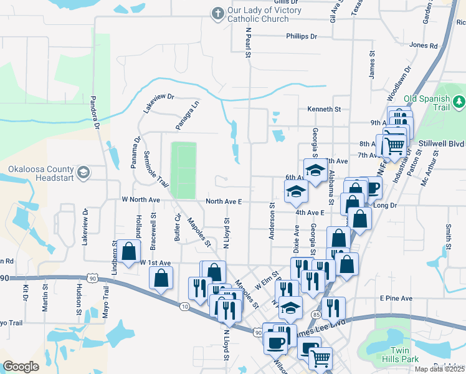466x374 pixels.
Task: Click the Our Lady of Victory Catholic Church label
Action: tap(264, 15)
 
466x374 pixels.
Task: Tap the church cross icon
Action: tap(217, 13)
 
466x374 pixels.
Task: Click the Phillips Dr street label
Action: tap(302, 36)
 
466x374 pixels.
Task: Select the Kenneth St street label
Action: tap(324, 109)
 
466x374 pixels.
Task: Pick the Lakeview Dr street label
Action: tap(158, 103)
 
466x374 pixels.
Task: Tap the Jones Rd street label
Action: tap(424, 46)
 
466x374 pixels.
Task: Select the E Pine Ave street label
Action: tap(396, 299)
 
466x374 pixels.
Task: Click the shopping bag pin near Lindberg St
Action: tap(129, 253)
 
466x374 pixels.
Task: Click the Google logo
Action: tap(21, 366)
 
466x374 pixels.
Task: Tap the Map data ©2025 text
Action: tap(440, 369)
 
